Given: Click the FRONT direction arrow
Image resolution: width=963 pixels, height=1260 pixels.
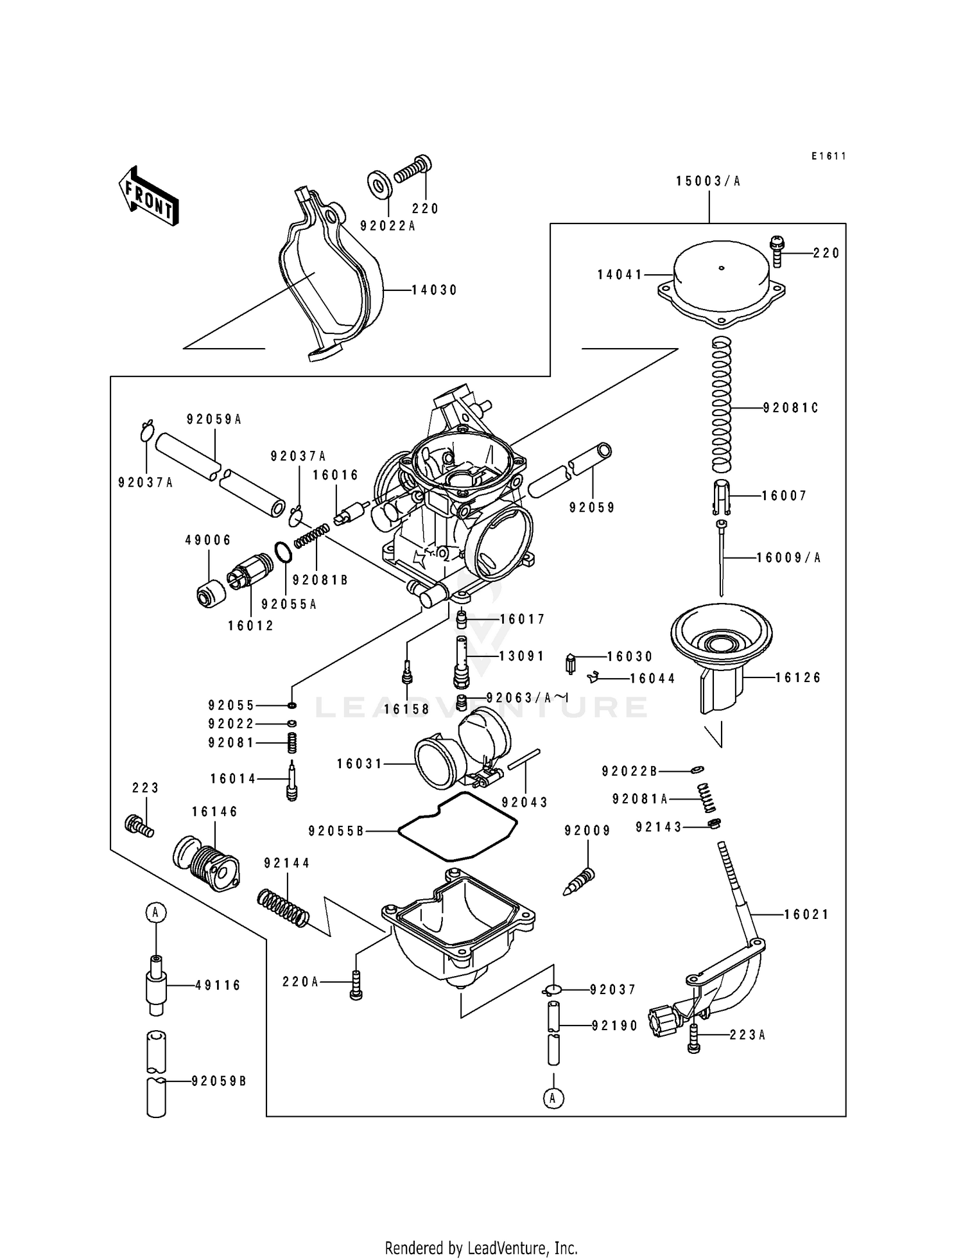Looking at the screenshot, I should [x=148, y=196].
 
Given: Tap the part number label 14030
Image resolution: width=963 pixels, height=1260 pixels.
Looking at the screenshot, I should [x=434, y=290].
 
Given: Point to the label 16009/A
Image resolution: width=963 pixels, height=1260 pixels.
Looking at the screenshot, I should [x=788, y=558].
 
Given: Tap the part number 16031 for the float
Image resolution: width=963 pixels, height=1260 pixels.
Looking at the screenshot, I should [x=360, y=764].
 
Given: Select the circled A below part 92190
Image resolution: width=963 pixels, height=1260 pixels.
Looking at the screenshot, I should [x=553, y=1098].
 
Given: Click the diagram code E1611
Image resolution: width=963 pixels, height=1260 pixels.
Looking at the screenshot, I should [x=828, y=156].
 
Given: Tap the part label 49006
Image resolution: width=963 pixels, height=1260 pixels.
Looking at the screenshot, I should [x=208, y=541].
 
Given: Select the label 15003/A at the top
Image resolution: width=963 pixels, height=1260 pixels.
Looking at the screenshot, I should [x=708, y=182].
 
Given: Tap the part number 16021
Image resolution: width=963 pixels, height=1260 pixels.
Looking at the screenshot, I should [x=806, y=914].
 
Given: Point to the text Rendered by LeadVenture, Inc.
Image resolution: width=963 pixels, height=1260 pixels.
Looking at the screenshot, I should [x=481, y=1248].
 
